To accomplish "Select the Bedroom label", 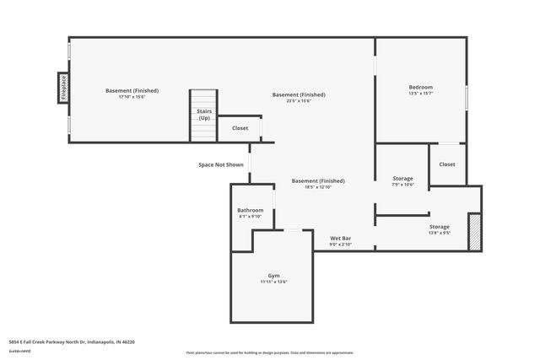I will pyautogui.click(x=420, y=87).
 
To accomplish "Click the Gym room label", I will pyautogui.click(x=273, y=276).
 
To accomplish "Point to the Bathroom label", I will pyautogui.click(x=250, y=210).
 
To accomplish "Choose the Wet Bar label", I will pyautogui.click(x=340, y=239).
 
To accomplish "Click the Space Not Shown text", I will pyautogui.click(x=221, y=164).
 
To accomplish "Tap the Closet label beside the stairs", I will pyautogui.click(x=240, y=128).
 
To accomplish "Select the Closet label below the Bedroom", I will pyautogui.click(x=446, y=164).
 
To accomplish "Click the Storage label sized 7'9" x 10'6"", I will pyautogui.click(x=402, y=179).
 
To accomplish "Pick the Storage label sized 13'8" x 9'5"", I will pyautogui.click(x=439, y=227).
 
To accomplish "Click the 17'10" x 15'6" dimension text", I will pyautogui.click(x=132, y=97).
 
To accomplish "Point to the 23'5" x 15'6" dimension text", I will pyautogui.click(x=299, y=101).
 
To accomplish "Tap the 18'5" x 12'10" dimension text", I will pyautogui.click(x=318, y=187).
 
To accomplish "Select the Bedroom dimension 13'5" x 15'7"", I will pyautogui.click(x=420, y=94).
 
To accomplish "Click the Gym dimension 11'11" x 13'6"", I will pyautogui.click(x=273, y=282).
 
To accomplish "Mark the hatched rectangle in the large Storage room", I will pyautogui.click(x=474, y=232).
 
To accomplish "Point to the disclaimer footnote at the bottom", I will pyautogui.click(x=269, y=352).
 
